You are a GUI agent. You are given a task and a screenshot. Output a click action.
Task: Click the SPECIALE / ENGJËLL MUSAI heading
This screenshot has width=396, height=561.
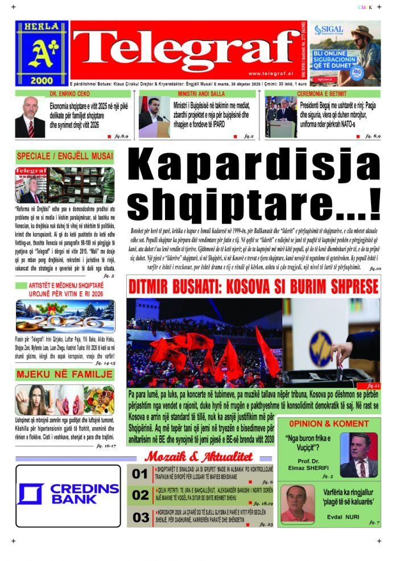64,156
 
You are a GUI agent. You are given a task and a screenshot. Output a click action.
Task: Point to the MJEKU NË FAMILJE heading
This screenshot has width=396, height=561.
64,375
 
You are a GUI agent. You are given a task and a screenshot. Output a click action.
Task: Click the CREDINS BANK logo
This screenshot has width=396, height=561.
68,494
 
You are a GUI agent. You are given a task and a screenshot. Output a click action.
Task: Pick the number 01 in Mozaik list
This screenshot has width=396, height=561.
139,474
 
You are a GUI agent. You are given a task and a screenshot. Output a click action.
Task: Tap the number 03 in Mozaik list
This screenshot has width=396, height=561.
140,517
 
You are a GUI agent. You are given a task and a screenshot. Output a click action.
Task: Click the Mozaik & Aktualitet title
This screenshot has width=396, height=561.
198,456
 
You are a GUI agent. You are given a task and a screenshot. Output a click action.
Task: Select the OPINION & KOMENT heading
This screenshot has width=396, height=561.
328,424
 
